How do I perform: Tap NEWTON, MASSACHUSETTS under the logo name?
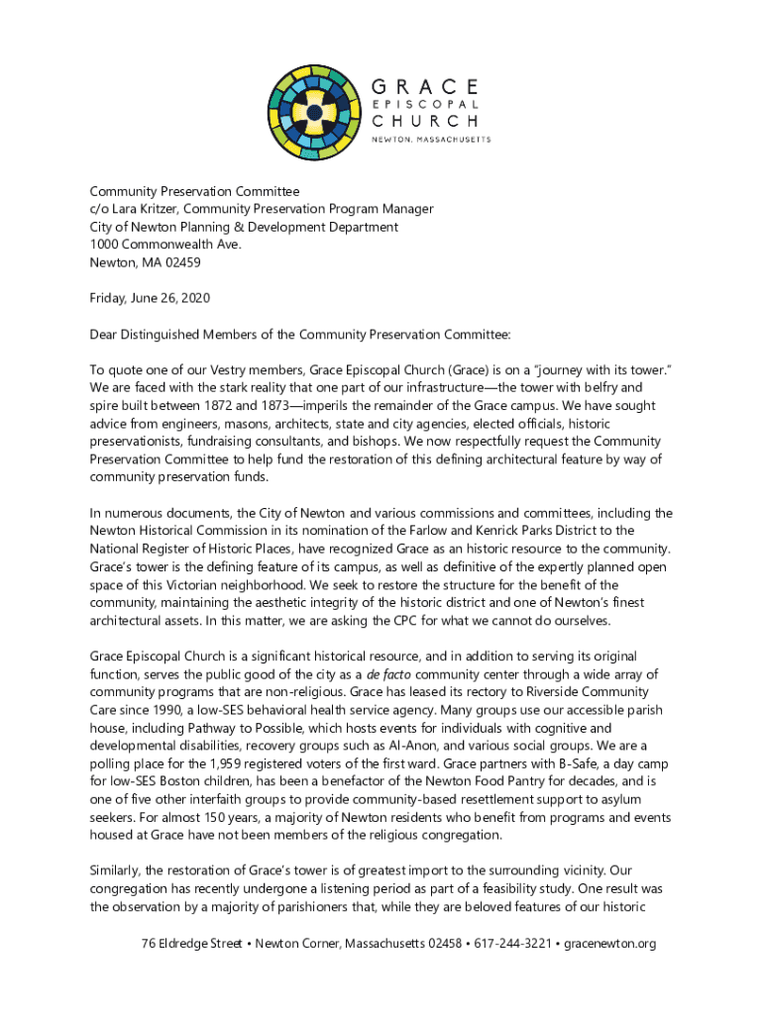(431, 140)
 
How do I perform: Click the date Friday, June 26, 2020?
(150, 298)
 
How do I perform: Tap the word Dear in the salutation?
(105, 335)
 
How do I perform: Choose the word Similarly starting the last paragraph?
(120, 870)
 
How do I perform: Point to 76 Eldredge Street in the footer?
(191, 943)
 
